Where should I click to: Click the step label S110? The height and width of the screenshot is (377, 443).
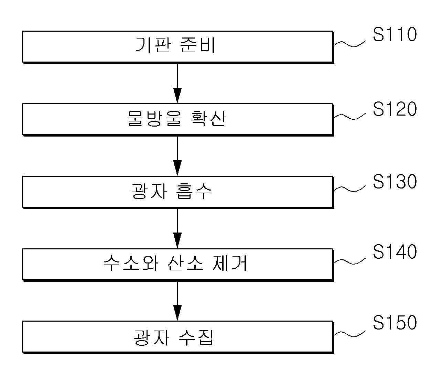[x=395, y=34]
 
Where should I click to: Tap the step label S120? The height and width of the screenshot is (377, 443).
[x=395, y=109]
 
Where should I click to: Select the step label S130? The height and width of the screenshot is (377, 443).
[x=395, y=182]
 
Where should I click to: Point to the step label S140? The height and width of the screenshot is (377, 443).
[x=395, y=251]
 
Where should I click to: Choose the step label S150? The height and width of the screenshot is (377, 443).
[x=395, y=322]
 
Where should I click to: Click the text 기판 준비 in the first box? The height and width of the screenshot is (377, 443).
[x=175, y=45]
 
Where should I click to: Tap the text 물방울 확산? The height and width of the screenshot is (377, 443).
[x=176, y=118]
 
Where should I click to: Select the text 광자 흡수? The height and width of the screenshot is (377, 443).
[x=172, y=191]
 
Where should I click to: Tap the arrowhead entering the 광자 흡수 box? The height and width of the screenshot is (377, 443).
[x=177, y=168]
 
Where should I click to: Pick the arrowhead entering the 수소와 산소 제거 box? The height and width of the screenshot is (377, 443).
[x=177, y=240]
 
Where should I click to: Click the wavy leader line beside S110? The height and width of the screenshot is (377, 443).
[x=350, y=44]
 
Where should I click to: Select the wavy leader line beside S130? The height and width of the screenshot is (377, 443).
[x=350, y=189]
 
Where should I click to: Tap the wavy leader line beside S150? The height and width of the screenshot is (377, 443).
[x=350, y=334]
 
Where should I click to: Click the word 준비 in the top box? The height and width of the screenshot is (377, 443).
[x=198, y=45]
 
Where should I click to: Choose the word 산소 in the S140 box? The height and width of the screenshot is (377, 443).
[x=185, y=263]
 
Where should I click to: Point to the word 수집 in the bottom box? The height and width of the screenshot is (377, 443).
[x=196, y=338]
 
